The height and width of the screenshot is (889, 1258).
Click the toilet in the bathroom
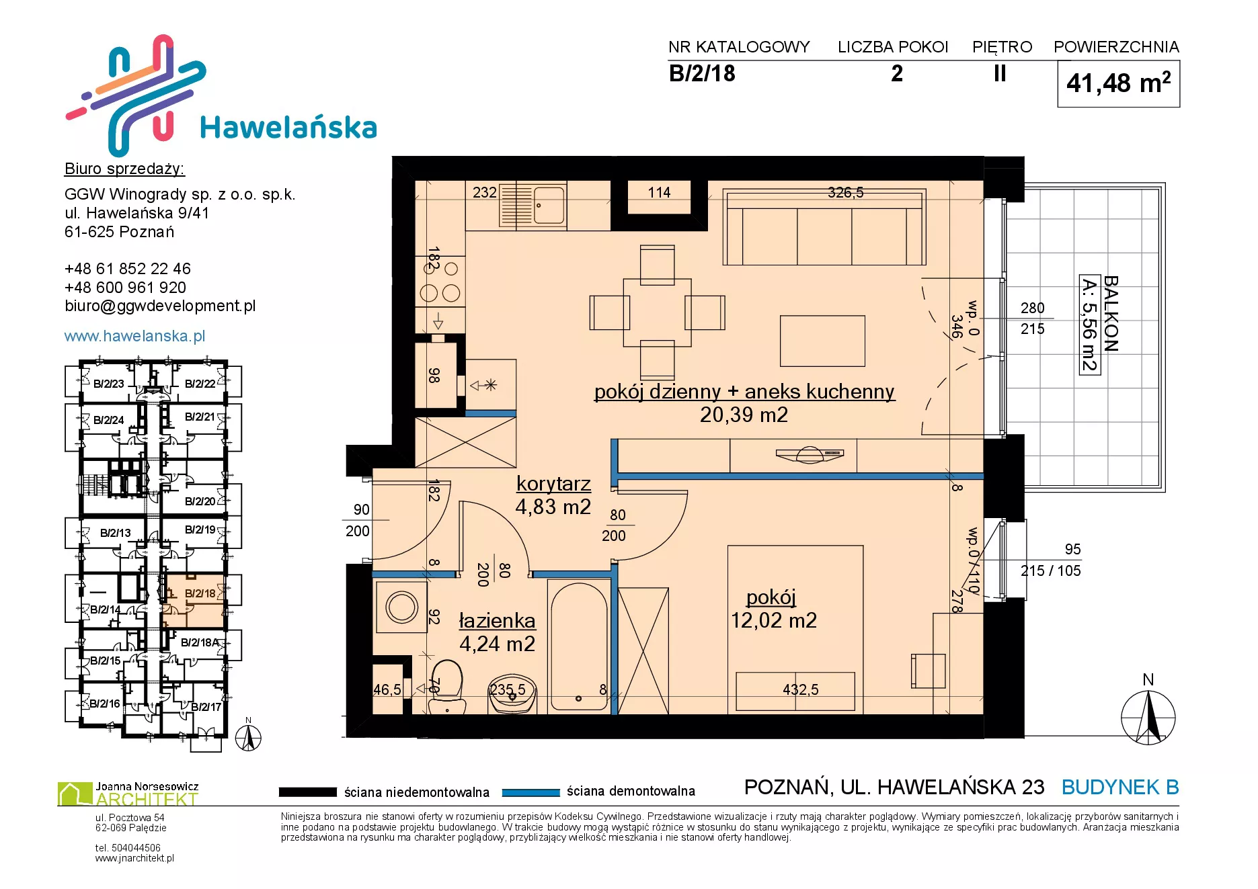coord(446,686)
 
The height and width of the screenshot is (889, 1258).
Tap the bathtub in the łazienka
coord(579,646)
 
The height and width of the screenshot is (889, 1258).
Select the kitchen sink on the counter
coord(549,205)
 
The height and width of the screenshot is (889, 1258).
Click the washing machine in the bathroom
coord(401,607)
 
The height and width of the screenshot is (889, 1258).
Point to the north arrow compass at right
coord(1148,716)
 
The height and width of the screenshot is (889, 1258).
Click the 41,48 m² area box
coord(1119,83)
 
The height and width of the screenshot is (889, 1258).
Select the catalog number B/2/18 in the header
coord(702,73)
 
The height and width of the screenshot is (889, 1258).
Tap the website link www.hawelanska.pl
coord(134,336)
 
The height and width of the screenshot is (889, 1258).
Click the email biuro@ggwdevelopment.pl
coord(160,306)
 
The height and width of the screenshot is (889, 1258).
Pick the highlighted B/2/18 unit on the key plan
coord(194,601)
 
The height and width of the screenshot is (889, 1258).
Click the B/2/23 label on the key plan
coord(109,384)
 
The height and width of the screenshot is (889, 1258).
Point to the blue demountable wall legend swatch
coord(530,792)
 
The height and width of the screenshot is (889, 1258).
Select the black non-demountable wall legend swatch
coord(307,792)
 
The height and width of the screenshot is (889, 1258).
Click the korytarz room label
coord(553,483)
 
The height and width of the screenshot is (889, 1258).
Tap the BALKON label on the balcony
coord(1111,314)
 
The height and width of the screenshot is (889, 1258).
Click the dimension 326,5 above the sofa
coord(845,193)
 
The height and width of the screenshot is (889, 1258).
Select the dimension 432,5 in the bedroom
coord(800,689)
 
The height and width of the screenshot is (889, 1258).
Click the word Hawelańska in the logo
coord(288,128)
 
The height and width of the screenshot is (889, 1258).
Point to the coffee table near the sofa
coord(822,341)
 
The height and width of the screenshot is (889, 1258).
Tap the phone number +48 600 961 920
coord(125,288)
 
